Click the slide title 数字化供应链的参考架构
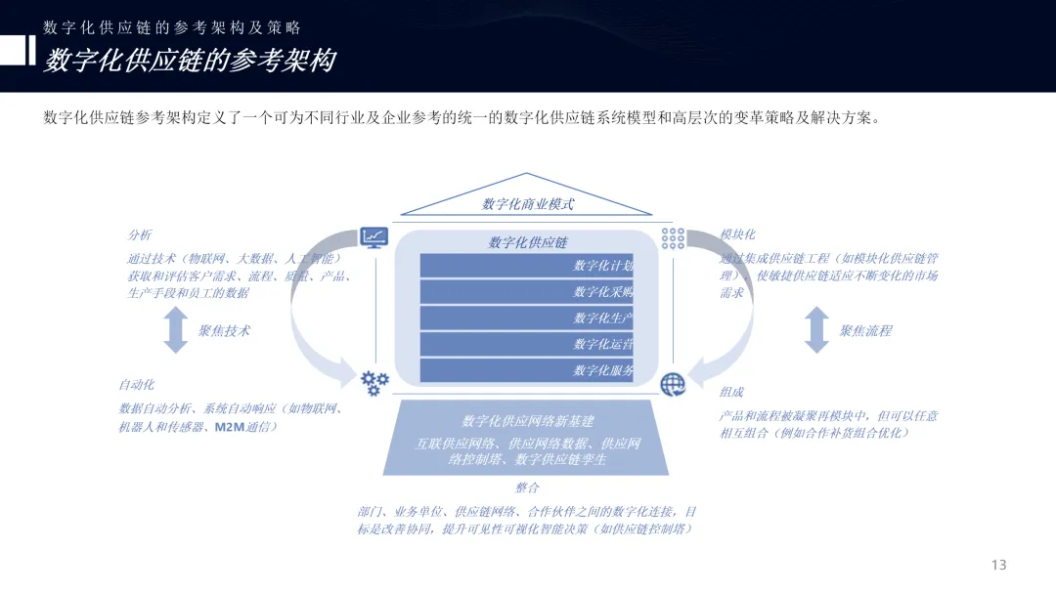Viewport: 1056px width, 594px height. click(190, 61)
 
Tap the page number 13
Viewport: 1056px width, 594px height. click(998, 565)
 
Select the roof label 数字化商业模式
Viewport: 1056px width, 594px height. click(527, 204)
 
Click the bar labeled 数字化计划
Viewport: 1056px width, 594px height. click(527, 266)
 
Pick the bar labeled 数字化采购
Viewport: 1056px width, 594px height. click(527, 291)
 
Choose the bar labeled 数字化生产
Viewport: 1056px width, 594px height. click(527, 318)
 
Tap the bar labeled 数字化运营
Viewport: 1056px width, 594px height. click(527, 344)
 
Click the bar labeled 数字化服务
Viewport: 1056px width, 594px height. click(527, 370)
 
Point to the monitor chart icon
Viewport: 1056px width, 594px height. click(374, 237)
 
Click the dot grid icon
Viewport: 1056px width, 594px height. click(673, 237)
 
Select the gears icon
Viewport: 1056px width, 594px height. click(374, 382)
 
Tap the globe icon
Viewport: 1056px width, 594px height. click(673, 384)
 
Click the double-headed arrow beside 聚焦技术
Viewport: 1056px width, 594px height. click(176, 329)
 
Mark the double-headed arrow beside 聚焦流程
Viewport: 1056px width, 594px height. click(816, 329)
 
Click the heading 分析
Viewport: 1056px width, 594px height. click(140, 235)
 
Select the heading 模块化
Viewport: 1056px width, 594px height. click(737, 235)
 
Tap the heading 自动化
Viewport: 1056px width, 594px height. click(137, 385)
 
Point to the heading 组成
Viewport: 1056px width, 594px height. click(731, 392)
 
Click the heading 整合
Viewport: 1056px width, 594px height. click(527, 488)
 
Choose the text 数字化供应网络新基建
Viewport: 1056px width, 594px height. click(527, 421)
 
